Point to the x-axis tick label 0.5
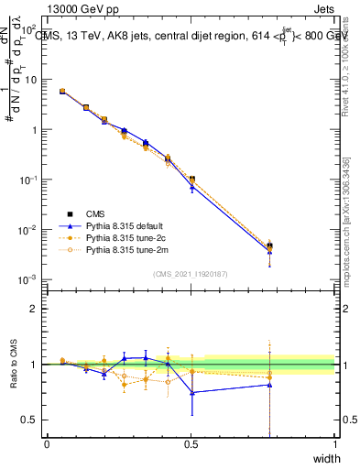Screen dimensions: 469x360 191,444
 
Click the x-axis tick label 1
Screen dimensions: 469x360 334,444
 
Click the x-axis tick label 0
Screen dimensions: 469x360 47,444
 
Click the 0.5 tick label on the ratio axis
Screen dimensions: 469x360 33,420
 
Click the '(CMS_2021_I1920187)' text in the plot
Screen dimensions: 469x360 191,274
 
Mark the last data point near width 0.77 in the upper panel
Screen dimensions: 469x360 269,245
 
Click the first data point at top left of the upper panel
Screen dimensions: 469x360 61,92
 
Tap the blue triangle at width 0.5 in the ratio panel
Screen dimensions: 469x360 191,392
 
